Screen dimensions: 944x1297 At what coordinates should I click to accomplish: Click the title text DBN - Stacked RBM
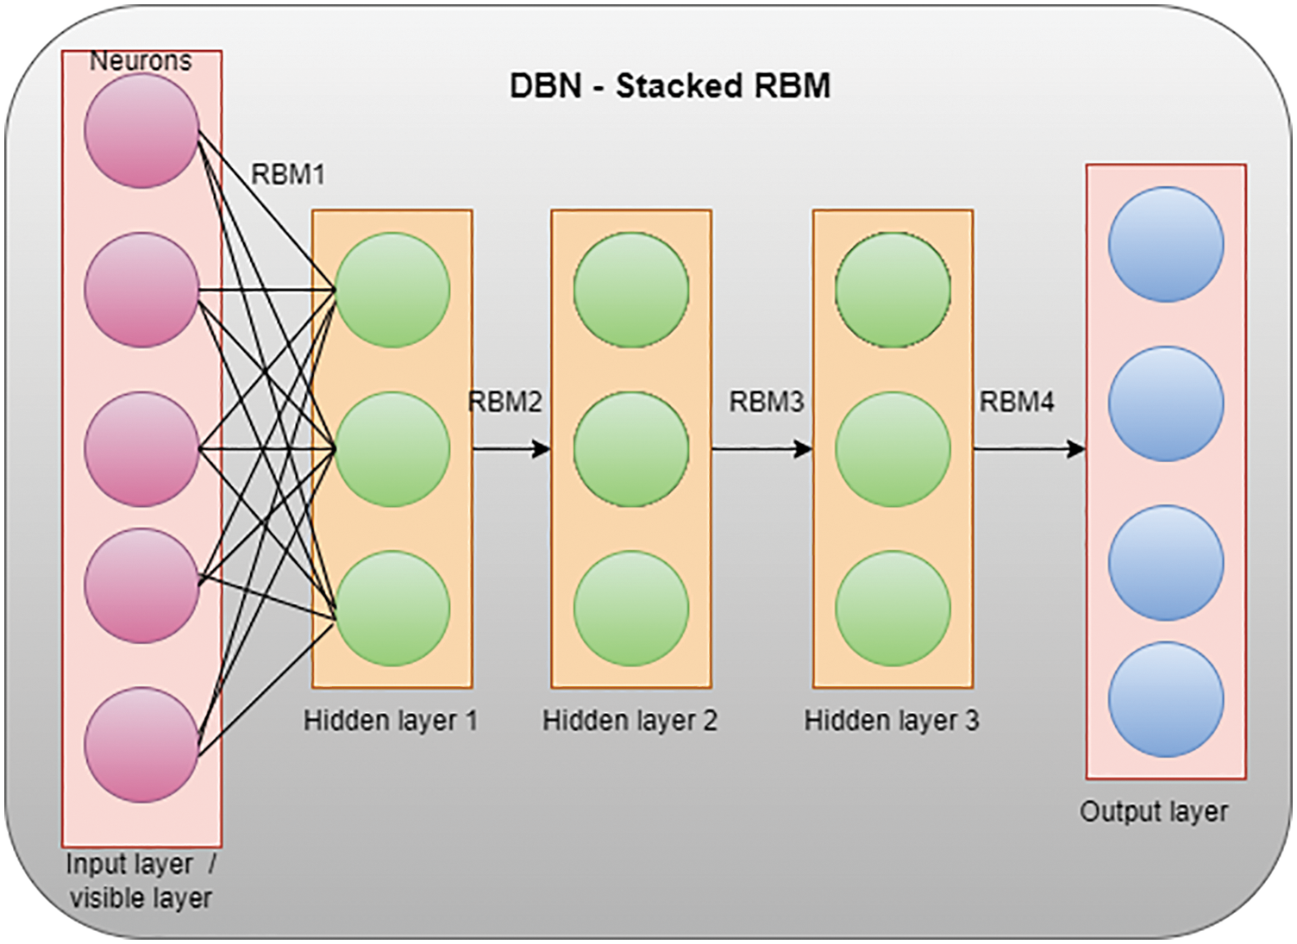click(669, 86)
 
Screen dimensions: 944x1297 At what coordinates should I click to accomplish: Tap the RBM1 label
click(288, 175)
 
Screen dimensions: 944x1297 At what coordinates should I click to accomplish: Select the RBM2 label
click(505, 402)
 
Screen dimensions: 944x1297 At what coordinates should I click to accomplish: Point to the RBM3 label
click(766, 402)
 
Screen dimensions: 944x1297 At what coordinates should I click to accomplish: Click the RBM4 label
click(1017, 402)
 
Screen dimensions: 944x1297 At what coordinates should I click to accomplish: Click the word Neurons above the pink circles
click(141, 61)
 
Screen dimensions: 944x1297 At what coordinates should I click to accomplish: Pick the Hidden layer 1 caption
click(391, 721)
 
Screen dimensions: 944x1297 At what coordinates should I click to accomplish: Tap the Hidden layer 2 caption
click(630, 721)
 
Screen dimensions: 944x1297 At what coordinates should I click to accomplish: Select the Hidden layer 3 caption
click(892, 721)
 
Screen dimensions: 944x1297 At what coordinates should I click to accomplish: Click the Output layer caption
click(1154, 812)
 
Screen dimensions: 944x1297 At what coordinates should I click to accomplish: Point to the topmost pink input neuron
click(141, 131)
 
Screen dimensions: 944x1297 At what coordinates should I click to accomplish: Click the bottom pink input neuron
click(141, 745)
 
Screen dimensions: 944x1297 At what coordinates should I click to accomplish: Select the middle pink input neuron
click(141, 449)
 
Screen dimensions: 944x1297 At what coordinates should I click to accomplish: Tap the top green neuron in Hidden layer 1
click(392, 290)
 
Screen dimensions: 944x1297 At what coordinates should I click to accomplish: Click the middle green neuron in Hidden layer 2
click(631, 449)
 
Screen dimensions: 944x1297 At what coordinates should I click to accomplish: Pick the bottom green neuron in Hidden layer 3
click(893, 609)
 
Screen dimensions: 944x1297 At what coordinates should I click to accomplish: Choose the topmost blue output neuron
click(1165, 245)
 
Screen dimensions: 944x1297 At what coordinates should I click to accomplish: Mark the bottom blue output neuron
click(1165, 699)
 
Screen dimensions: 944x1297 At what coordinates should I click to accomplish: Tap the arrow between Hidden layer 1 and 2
click(511, 448)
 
